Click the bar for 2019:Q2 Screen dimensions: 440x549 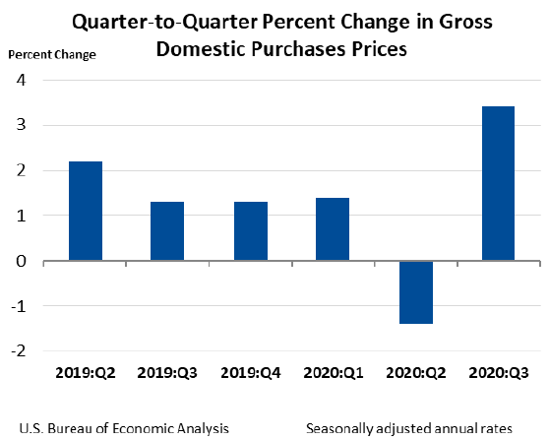(86, 211)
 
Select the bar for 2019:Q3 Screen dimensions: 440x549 (167, 231)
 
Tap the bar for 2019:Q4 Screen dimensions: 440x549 (251, 231)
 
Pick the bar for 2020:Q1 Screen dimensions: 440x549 (333, 229)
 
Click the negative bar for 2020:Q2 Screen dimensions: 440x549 (415, 292)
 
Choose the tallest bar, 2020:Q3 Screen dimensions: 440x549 (498, 184)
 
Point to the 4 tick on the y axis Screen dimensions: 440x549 (20, 80)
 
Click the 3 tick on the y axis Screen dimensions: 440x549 (20, 125)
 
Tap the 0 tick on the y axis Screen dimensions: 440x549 (20, 261)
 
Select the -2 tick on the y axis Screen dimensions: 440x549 (18, 350)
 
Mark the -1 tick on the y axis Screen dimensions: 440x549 (18, 305)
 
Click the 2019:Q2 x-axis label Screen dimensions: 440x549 (86, 376)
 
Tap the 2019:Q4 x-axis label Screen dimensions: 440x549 (251, 376)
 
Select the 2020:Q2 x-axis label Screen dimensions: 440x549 (415, 376)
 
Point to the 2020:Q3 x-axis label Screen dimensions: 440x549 (498, 376)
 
